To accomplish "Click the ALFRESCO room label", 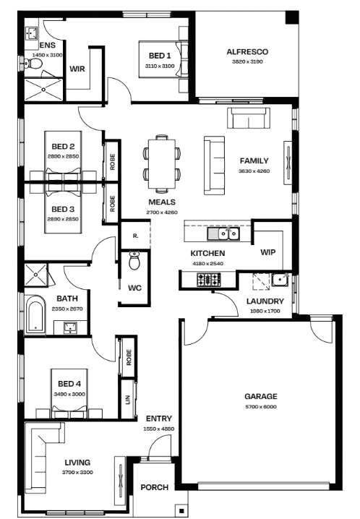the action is (x=247, y=51).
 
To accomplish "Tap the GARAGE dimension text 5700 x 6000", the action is (x=261, y=407).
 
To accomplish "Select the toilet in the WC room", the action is (x=134, y=260).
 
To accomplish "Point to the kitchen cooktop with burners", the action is (x=209, y=280).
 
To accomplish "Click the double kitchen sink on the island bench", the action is (x=223, y=234).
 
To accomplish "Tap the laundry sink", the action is (x=280, y=280).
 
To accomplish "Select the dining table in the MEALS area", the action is (x=162, y=163).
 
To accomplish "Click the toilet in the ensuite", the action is (x=33, y=64).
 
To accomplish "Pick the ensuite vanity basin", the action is (x=32, y=33).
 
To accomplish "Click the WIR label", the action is (x=77, y=69).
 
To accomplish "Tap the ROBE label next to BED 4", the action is (x=129, y=358).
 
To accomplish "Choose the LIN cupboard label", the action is (x=128, y=400).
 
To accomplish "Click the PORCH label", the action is (x=154, y=487).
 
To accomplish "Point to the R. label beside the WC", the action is (x=136, y=236).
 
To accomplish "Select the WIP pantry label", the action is (x=267, y=252).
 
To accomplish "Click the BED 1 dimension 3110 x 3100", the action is (x=160, y=66).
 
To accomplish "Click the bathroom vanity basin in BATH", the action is (x=70, y=327).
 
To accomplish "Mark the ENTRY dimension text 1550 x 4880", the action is (x=159, y=429).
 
